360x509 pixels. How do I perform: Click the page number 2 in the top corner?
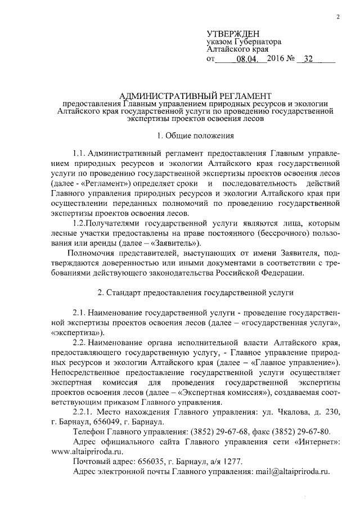pyautogui.click(x=338, y=16)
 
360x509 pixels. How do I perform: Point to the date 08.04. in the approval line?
pyautogui.click(x=251, y=58)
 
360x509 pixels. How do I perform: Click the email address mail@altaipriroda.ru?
pyautogui.click(x=292, y=471)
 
